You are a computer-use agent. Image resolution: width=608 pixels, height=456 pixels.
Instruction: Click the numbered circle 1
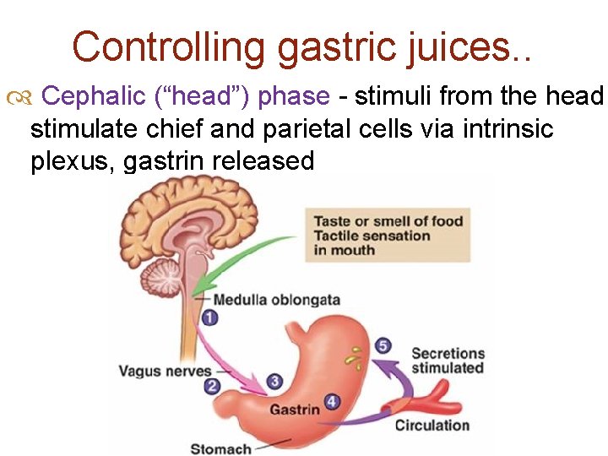pos(209,318)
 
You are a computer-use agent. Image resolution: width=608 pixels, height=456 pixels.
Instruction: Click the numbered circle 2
pos(212,386)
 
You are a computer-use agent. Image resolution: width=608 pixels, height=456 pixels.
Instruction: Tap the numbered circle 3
pos(274,383)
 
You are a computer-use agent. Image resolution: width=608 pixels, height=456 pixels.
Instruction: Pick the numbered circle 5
pos(383,346)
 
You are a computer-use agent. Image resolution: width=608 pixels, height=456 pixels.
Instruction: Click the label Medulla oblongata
pos(276,300)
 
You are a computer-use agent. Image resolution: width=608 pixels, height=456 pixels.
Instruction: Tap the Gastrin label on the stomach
pos(294,410)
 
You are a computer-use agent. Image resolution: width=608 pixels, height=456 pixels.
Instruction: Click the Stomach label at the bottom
pos(220,448)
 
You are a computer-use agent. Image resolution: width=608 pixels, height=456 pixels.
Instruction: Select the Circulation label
pos(432,425)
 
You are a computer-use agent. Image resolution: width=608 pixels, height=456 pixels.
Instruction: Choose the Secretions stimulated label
pos(448,360)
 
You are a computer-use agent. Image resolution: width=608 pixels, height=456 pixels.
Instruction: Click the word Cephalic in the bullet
pos(83,97)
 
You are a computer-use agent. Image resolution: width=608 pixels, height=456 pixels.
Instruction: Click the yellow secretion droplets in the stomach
pos(355,360)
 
